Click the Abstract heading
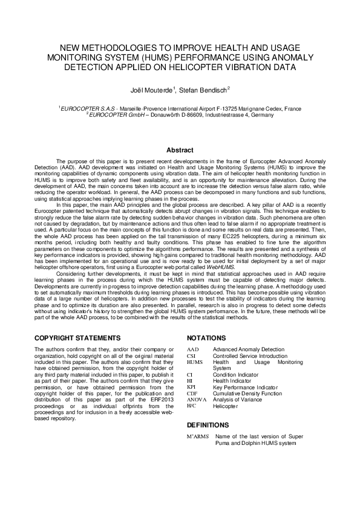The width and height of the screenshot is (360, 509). pos(180,150)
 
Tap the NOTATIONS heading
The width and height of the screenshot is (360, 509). pos(206,337)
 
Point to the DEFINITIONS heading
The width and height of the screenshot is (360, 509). pos(208,425)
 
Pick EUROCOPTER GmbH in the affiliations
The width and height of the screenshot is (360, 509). pos(113,114)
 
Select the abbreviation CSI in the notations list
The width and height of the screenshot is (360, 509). pos(191,355)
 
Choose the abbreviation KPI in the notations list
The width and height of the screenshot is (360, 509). pos(191,387)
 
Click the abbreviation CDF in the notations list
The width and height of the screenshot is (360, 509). pos(192,393)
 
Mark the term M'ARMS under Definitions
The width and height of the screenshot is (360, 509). pos(197,436)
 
